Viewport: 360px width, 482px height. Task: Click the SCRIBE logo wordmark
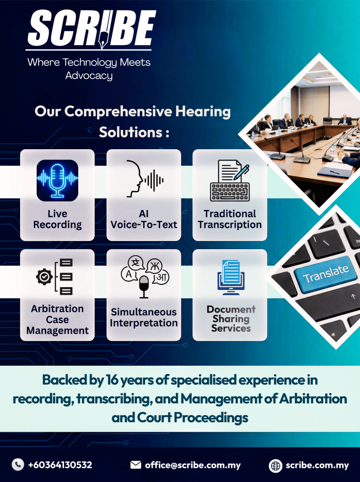click(92, 29)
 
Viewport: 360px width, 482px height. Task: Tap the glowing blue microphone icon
click(57, 180)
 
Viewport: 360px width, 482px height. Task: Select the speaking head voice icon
click(144, 178)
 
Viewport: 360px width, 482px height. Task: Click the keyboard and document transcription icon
click(230, 180)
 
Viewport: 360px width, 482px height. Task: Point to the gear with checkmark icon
click(44, 277)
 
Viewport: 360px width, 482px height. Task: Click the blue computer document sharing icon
click(231, 277)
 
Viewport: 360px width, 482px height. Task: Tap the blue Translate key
click(326, 273)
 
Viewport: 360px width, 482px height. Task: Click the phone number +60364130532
click(60, 465)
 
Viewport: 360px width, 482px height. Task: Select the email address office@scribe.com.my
click(193, 465)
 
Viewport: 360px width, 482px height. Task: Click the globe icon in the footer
click(275, 466)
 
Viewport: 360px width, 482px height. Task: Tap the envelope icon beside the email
click(136, 465)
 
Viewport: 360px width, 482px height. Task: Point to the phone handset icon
click(18, 465)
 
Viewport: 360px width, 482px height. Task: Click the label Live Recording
click(57, 219)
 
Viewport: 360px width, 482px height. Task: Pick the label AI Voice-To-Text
click(144, 219)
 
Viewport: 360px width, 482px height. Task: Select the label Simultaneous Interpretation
click(144, 318)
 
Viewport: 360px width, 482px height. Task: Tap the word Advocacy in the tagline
click(89, 76)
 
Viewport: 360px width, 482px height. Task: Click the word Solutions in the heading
click(131, 132)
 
